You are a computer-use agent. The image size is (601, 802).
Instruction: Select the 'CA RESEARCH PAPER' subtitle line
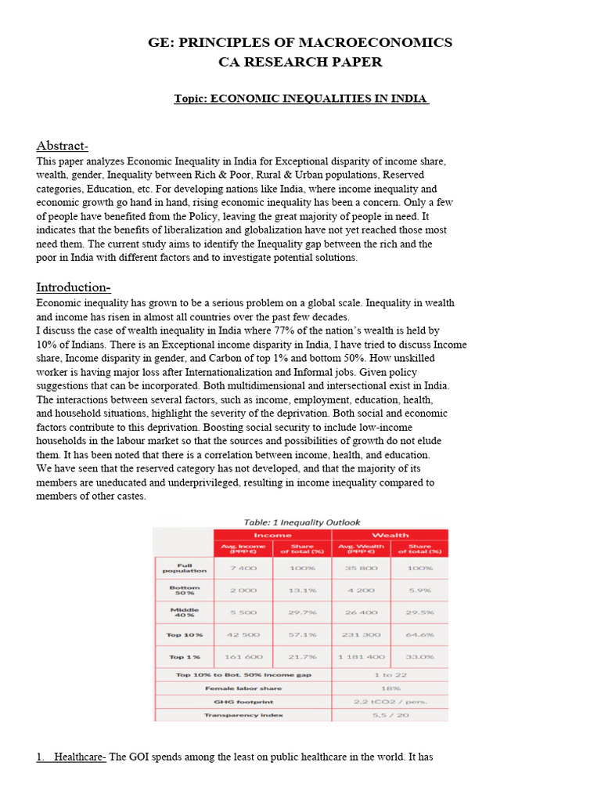[300, 62]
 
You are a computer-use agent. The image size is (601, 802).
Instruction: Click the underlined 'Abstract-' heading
[63, 146]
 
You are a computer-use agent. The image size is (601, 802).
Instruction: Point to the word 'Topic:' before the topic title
[192, 99]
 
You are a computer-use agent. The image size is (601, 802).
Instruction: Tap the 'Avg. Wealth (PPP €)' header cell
[361, 548]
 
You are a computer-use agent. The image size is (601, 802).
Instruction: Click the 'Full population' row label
[184, 568]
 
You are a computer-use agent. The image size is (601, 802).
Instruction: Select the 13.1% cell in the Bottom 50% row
[302, 591]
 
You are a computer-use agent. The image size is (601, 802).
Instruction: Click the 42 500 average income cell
[243, 634]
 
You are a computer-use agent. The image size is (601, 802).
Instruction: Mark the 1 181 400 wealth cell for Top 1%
[361, 656]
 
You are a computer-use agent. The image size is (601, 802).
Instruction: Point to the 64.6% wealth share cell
[419, 634]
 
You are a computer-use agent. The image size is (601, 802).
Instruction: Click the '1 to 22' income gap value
[390, 674]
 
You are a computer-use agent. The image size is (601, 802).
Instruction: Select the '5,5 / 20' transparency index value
[390, 715]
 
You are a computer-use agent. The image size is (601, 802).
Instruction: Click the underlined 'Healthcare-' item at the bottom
[80, 757]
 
